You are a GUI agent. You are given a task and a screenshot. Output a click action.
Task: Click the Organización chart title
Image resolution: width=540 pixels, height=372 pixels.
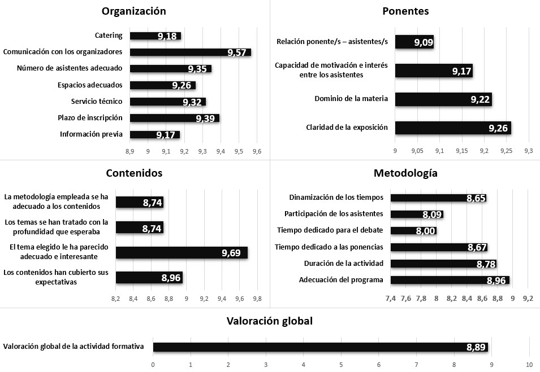[133, 11]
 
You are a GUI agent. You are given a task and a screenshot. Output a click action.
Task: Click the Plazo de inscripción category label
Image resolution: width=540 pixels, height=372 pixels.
[90, 118]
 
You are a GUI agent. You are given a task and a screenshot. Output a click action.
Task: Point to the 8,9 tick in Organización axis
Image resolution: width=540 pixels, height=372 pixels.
[129, 152]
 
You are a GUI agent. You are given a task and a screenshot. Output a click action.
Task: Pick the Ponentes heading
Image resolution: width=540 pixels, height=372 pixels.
[405, 11]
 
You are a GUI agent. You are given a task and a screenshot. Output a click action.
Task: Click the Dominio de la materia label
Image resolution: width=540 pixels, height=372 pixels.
[351, 99]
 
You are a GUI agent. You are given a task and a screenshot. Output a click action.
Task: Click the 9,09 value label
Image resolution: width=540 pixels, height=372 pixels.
[423, 42]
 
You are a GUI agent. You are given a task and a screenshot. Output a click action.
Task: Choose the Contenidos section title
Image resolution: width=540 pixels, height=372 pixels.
[134, 173]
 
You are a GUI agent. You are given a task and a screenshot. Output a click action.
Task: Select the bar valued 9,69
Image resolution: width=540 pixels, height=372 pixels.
[181, 252]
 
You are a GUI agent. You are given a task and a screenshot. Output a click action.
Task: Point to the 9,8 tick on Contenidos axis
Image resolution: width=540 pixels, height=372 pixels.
[257, 299]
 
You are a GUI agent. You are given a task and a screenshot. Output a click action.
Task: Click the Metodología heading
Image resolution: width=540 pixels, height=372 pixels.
[405, 173]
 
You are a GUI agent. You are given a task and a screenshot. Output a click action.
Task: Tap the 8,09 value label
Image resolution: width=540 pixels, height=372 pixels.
[432, 215]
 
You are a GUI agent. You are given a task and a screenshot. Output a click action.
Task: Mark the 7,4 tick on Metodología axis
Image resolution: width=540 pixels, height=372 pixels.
[391, 298]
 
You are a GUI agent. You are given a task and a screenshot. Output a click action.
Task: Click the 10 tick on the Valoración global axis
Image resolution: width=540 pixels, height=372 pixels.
[529, 364]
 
